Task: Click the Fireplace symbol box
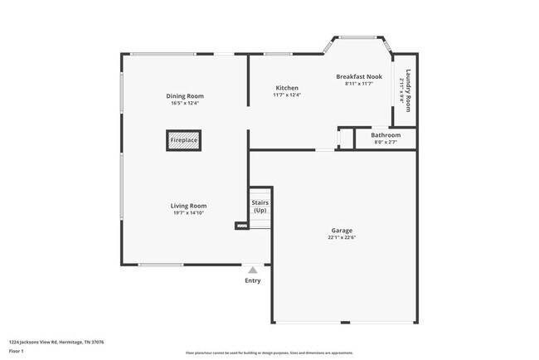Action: (184, 141)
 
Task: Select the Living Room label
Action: (189, 206)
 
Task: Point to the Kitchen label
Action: (287, 88)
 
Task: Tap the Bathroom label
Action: (386, 135)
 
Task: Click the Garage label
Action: (342, 230)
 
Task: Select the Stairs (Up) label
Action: (260, 206)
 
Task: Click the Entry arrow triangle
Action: (253, 269)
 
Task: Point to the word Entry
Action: (253, 280)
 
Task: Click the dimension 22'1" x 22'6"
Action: (342, 237)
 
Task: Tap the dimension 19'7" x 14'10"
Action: (189, 213)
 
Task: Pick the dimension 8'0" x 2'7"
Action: (386, 143)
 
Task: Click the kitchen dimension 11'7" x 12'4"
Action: (287, 95)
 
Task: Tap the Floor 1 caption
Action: (17, 351)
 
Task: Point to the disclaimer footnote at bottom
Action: (269, 353)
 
